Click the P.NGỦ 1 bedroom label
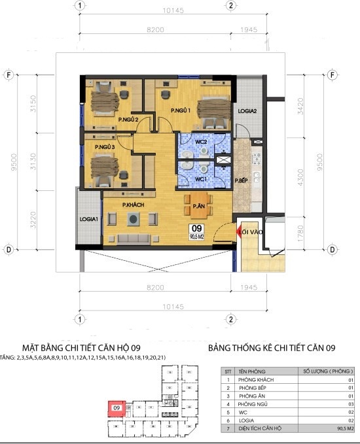180,111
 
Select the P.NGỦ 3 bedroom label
105,148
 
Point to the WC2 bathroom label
201,141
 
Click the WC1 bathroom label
202,179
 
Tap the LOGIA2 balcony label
252,111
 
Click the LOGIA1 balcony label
89,219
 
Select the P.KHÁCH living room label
133,205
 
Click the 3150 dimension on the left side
24,104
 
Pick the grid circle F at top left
9,74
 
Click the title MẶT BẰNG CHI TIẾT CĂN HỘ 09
81,348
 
